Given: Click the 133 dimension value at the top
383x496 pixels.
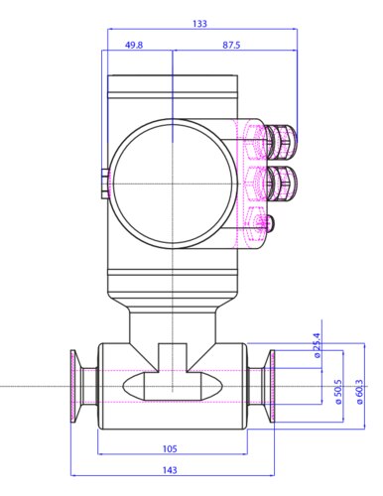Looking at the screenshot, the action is point(199,24).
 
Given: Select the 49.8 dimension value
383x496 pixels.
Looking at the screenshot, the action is point(134,45).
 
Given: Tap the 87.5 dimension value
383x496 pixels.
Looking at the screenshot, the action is point(231,45).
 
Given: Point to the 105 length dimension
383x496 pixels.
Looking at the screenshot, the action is point(170,448).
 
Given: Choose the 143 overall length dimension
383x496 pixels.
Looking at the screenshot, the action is point(170,470).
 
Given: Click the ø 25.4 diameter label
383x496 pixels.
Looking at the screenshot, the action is point(318,345).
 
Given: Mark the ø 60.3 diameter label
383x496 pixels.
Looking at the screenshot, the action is point(359,392).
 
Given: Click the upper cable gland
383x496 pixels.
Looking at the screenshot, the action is point(281,141).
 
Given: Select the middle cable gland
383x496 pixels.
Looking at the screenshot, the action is point(281,184).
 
